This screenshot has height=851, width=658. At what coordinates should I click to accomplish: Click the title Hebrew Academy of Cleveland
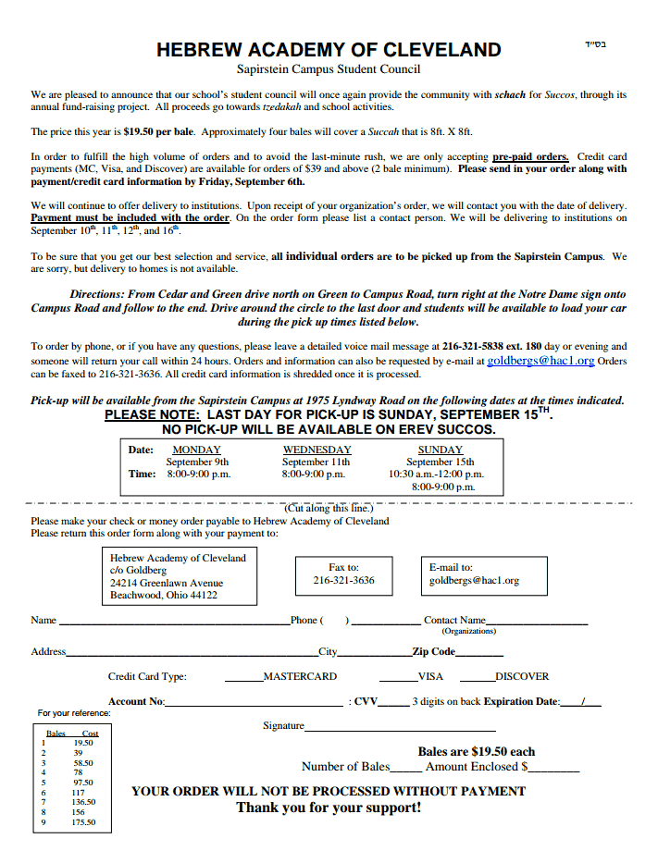329,50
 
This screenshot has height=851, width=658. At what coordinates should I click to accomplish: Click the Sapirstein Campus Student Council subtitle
329,68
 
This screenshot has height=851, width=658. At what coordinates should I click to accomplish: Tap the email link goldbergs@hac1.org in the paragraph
540,361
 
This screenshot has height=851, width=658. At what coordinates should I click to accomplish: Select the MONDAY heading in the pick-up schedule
197,450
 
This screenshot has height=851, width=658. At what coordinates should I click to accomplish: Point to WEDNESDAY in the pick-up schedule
317,450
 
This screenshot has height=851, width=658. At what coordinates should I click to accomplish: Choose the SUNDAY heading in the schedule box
441,450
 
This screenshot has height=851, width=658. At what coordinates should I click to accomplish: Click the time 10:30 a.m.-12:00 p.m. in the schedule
436,474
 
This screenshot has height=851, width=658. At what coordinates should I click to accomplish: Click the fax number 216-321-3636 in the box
343,580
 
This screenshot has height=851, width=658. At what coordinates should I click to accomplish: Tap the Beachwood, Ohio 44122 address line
164,595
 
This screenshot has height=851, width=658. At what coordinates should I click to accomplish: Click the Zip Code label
433,651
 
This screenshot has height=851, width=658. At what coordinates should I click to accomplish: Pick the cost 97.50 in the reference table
82,783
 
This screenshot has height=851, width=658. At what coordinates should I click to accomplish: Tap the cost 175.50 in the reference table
83,821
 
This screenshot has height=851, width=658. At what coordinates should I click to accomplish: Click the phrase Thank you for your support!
329,808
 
